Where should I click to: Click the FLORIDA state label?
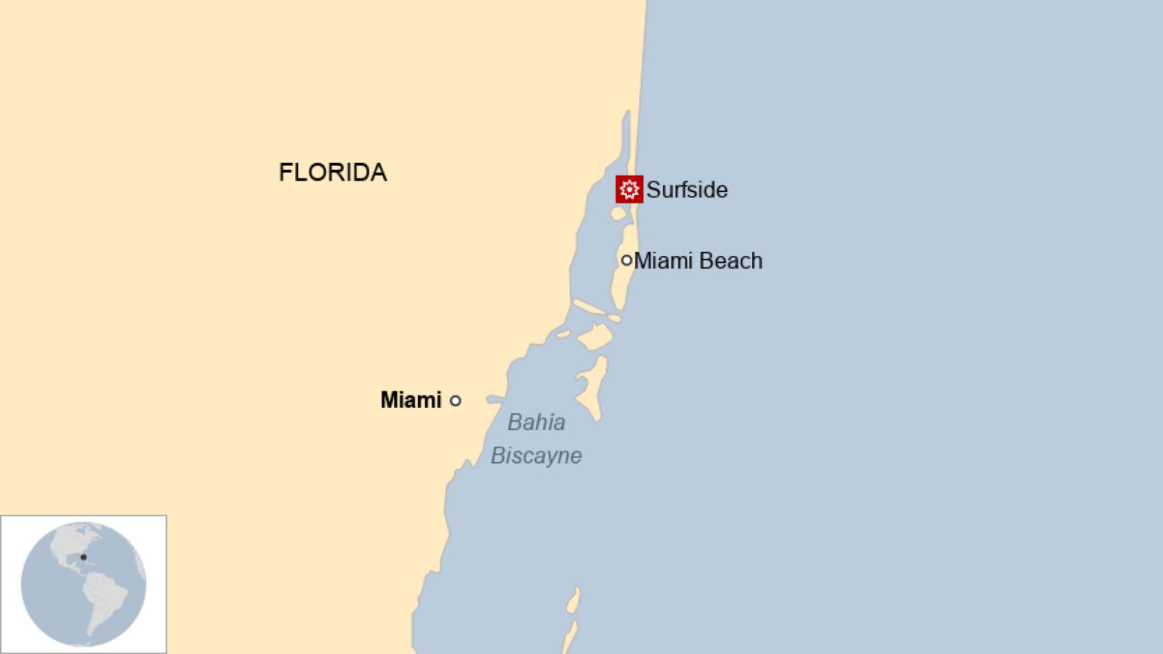(x=332, y=172)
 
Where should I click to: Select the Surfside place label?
(x=686, y=190)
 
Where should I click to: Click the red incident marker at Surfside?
(x=629, y=190)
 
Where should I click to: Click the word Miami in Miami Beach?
(x=663, y=261)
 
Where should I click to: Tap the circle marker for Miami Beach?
(x=626, y=260)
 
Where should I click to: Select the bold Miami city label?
(x=410, y=400)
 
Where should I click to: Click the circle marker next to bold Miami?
(x=455, y=400)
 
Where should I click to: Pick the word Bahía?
(x=536, y=422)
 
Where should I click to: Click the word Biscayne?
(x=536, y=456)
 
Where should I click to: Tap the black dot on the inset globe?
(x=83, y=557)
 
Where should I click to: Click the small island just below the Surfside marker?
(x=618, y=214)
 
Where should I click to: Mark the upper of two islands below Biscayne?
(x=573, y=601)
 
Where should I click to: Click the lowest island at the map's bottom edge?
(x=570, y=638)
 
